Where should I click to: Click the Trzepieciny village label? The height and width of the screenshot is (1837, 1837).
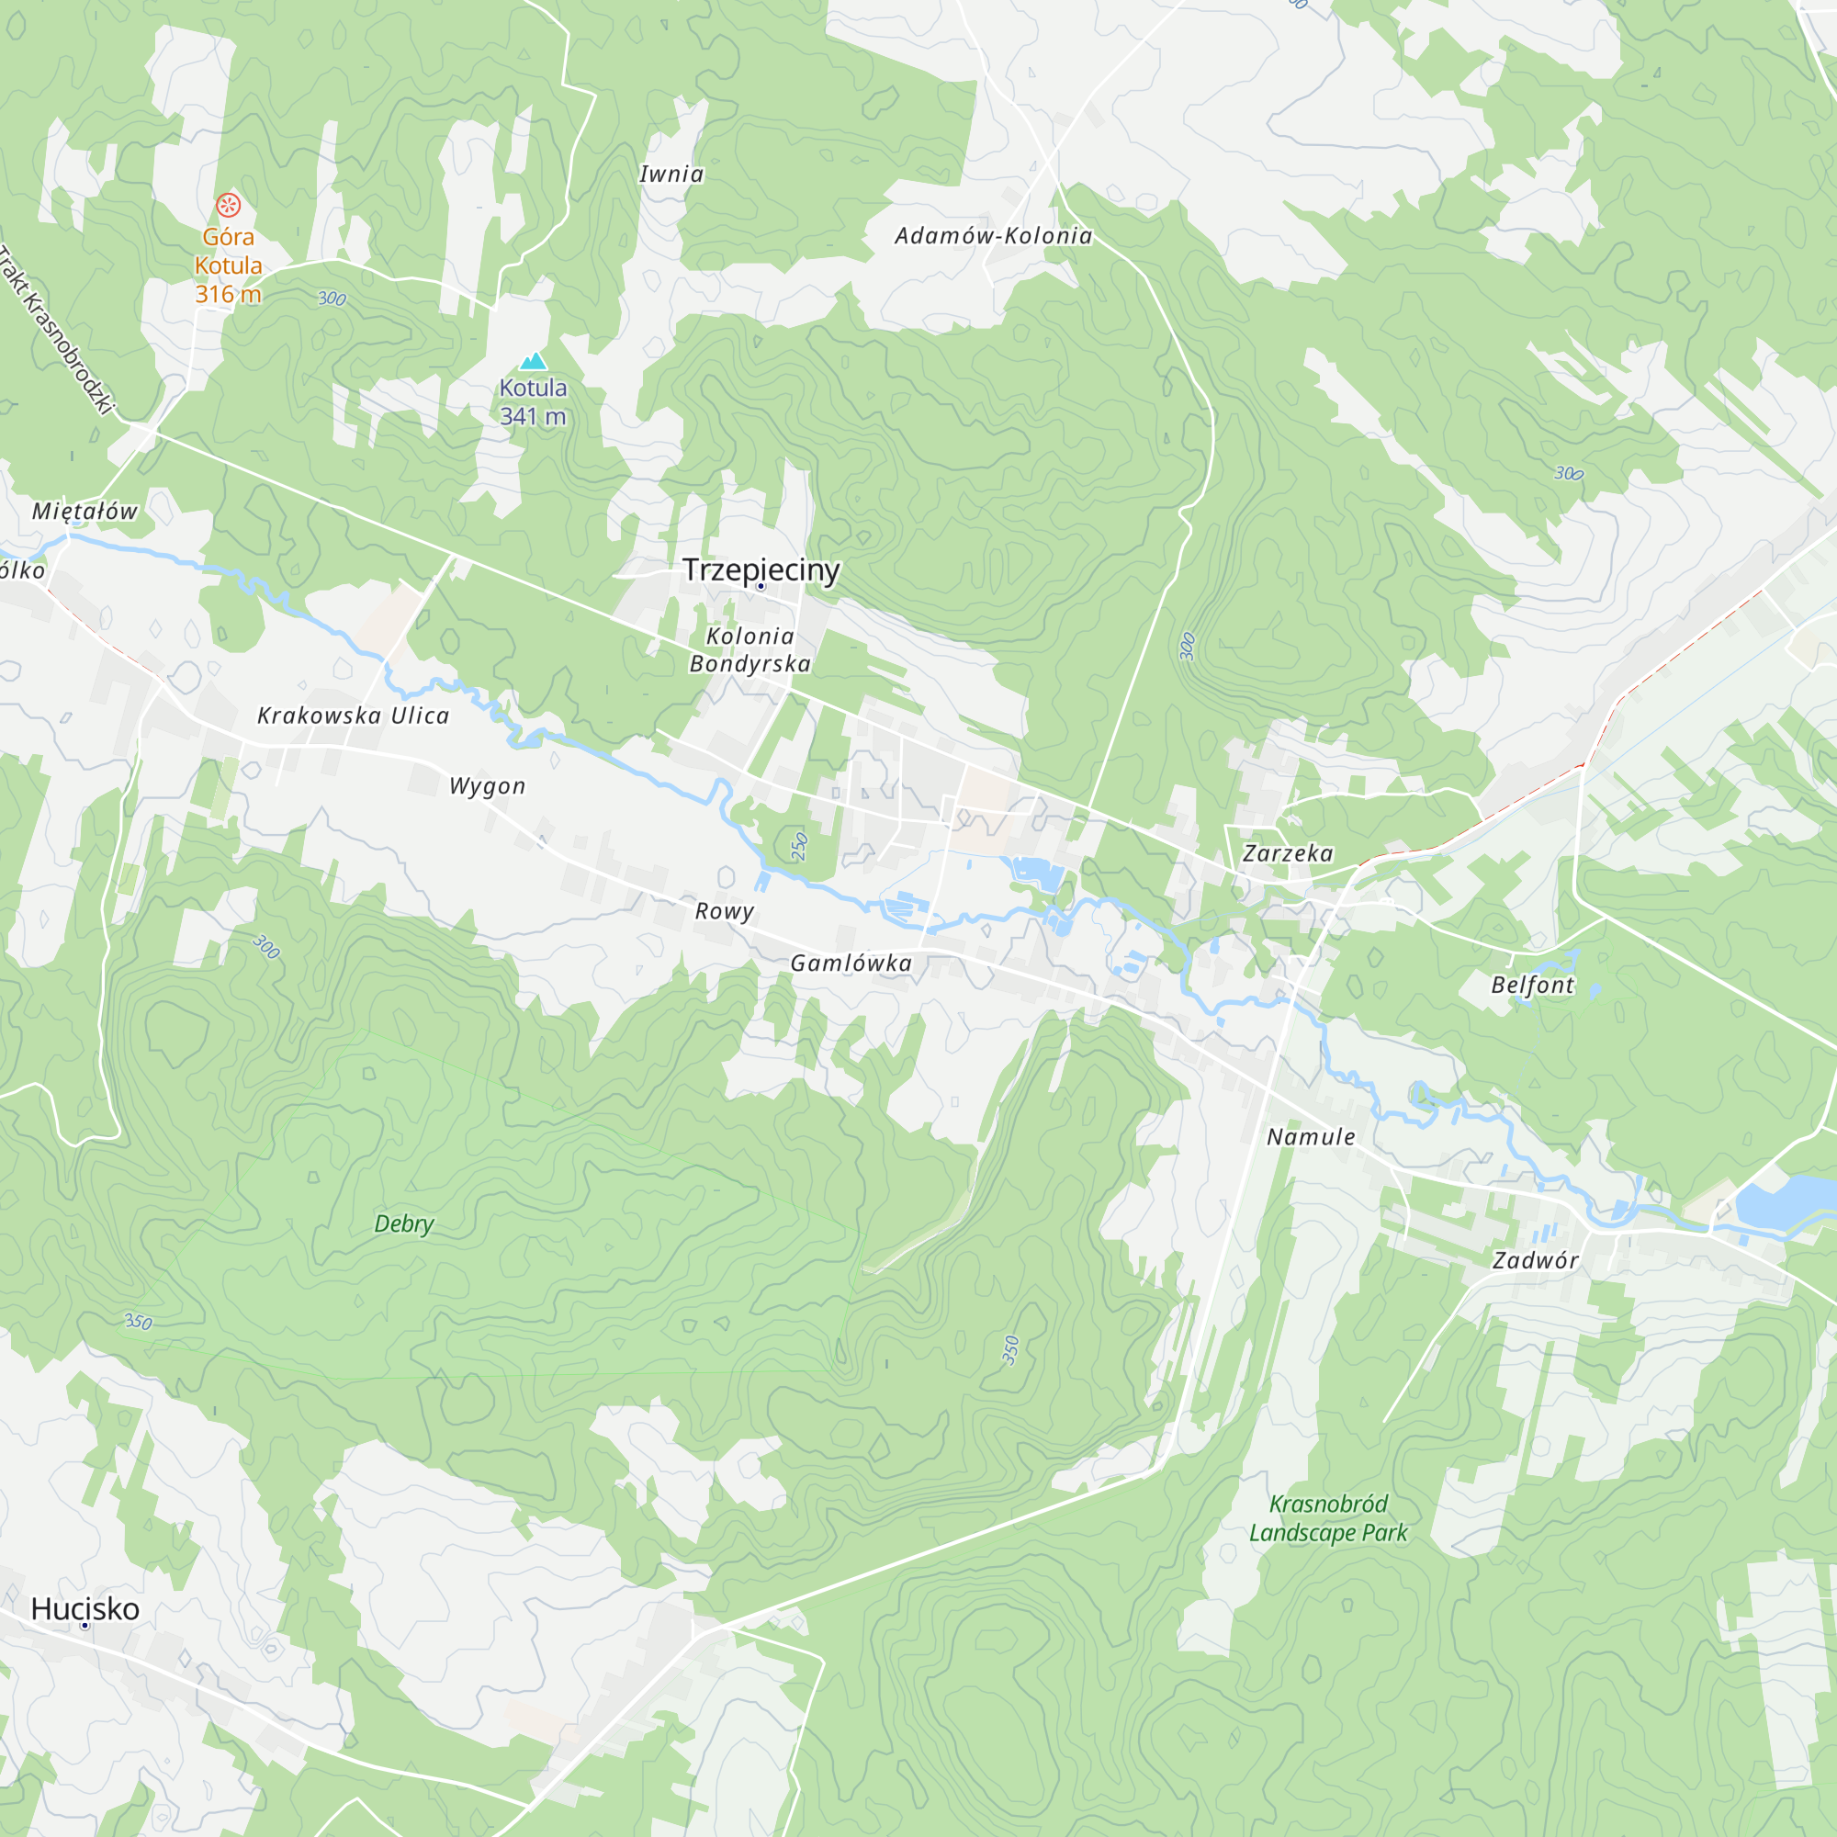(761, 569)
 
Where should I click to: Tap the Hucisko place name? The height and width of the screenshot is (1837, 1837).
(85, 1608)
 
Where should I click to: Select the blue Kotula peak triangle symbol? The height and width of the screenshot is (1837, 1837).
(534, 360)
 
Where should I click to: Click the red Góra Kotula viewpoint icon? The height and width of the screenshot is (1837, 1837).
(228, 205)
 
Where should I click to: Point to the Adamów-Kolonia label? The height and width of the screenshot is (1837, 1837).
(994, 236)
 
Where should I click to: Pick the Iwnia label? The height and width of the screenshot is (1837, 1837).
(671, 174)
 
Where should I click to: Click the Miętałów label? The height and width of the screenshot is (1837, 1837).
(85, 512)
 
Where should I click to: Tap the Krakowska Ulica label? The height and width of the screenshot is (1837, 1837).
(353, 716)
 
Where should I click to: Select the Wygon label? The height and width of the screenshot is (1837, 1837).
(487, 786)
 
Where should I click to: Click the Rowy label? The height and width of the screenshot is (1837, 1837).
(725, 911)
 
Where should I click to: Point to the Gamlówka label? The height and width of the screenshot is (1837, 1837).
(851, 964)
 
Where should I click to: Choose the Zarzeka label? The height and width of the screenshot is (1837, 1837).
(1288, 853)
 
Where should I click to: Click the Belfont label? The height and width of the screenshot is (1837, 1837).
(1532, 985)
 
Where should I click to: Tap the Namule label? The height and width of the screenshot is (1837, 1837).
(1311, 1136)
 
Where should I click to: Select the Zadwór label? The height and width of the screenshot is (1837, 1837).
(1535, 1260)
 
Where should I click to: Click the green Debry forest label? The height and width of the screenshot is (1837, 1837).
(404, 1223)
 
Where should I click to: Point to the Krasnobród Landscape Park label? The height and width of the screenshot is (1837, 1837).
(1328, 1517)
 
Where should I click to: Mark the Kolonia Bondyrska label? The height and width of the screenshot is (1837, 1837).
(750, 650)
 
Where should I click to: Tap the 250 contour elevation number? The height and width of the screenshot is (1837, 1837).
(800, 846)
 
